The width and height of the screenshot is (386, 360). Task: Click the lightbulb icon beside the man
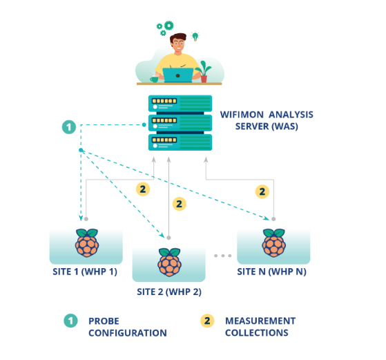click(195, 36)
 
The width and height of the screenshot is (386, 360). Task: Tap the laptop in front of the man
click(177, 75)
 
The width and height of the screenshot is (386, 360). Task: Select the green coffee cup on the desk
click(155, 79)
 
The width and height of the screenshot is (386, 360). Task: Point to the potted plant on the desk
click(204, 71)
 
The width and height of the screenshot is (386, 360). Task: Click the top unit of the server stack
click(180, 104)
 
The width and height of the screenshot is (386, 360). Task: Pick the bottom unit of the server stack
click(180, 142)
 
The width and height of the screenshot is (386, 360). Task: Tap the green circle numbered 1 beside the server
click(69, 127)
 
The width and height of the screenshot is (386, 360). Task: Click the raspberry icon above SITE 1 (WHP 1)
click(87, 243)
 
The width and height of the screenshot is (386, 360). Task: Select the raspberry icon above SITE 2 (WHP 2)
click(170, 262)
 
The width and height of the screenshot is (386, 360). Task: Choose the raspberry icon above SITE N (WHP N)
click(273, 243)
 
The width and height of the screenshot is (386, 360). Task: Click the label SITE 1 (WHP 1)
click(85, 272)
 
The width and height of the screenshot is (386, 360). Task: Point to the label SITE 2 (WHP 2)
click(169, 292)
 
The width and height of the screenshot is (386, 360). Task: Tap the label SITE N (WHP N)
click(272, 272)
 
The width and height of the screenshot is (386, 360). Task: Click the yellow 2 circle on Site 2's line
click(180, 204)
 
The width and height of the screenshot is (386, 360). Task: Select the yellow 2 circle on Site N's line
click(262, 191)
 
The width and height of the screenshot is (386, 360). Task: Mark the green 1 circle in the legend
click(70, 321)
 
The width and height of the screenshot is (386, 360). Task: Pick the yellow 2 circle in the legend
click(207, 321)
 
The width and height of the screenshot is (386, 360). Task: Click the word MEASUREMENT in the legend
click(260, 321)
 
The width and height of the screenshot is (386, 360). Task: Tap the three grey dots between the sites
click(222, 256)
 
